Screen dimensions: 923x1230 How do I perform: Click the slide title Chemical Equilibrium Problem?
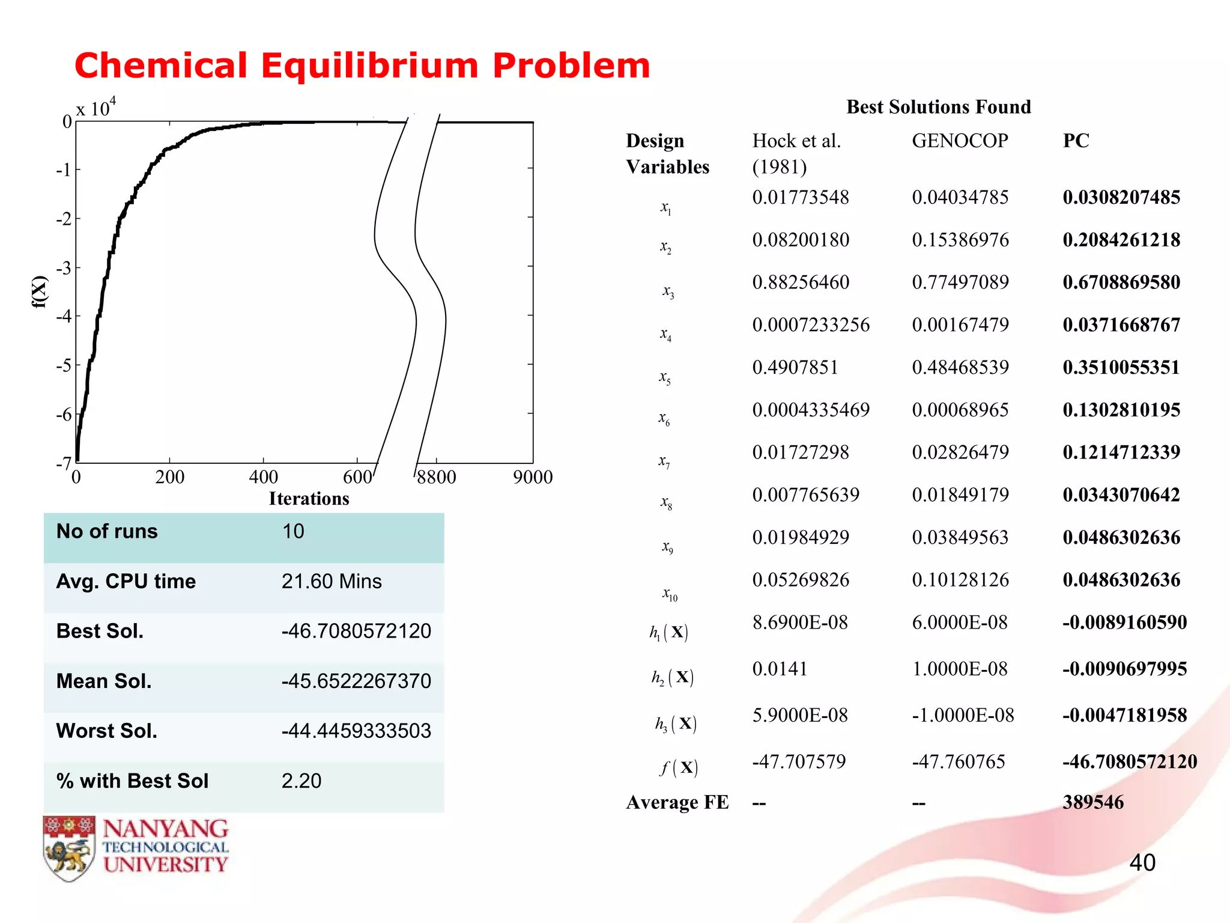[x=362, y=65]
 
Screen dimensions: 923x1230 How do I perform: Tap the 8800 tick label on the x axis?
[x=437, y=477]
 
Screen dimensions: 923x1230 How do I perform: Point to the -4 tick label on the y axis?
[x=63, y=316]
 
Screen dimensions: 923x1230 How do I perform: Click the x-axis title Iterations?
[x=309, y=499]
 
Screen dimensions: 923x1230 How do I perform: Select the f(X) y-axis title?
[x=39, y=291]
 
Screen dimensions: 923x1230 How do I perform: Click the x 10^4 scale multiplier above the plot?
[x=95, y=108]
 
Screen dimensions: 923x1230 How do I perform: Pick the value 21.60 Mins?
[x=332, y=582]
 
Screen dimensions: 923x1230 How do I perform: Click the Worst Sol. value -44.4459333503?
[x=356, y=731]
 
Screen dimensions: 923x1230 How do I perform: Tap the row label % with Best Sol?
[x=132, y=781]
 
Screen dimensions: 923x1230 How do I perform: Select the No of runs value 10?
[x=293, y=532]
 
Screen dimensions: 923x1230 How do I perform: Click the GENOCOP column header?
[x=960, y=141]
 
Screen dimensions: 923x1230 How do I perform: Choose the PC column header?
[x=1076, y=141]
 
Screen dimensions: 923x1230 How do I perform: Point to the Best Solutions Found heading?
[x=938, y=107]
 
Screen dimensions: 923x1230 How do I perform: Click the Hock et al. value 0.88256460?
[x=801, y=282]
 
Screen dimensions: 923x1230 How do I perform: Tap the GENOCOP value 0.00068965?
[x=960, y=410]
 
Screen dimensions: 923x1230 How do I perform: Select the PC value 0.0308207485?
[x=1121, y=198]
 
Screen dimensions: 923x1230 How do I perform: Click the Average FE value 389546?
[x=1093, y=803]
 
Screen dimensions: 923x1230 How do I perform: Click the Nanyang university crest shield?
[x=69, y=848]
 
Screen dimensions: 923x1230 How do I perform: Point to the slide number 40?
[x=1142, y=863]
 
